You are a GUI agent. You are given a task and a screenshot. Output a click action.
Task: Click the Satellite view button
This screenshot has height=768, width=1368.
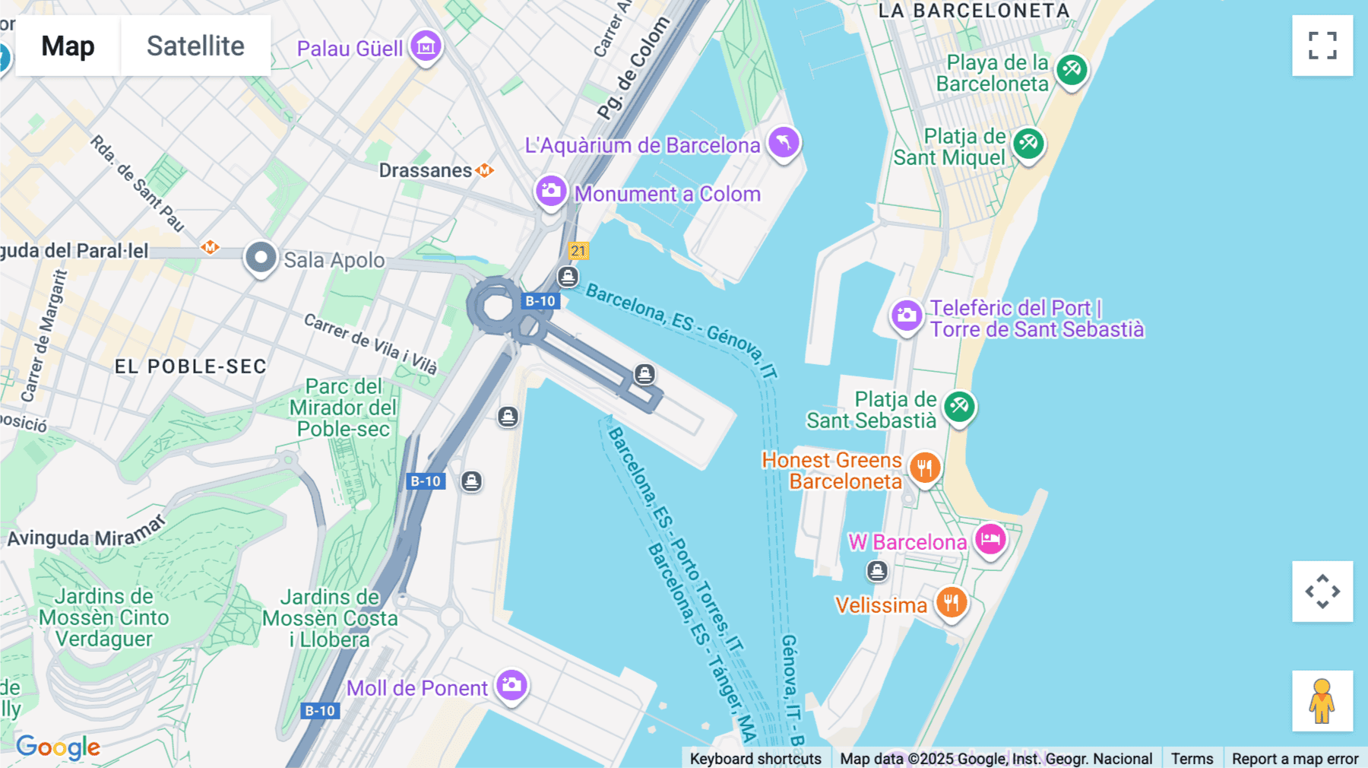[x=195, y=46]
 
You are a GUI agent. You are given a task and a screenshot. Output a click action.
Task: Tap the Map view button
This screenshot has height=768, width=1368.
[x=68, y=46]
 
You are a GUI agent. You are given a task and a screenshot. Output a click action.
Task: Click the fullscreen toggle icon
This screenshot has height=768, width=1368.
[x=1322, y=46]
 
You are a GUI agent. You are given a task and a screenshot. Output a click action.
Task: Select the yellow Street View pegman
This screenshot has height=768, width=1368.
[x=1322, y=701]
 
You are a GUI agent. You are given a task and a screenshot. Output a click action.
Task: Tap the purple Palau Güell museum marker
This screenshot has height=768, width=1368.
[x=426, y=46]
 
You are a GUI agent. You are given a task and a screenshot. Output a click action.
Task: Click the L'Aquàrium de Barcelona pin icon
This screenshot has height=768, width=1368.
[x=784, y=142]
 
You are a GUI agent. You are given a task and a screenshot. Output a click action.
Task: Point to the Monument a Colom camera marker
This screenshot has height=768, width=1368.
[x=551, y=191]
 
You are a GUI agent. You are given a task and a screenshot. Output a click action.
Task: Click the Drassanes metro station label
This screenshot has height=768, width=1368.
[x=426, y=170]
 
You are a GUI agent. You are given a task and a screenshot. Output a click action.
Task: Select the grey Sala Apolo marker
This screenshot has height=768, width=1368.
[x=261, y=258]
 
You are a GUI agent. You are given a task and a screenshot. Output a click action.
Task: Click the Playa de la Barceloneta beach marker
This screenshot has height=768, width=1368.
[x=1072, y=70]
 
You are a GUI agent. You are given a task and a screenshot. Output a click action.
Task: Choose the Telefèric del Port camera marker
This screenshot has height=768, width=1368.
[x=907, y=316]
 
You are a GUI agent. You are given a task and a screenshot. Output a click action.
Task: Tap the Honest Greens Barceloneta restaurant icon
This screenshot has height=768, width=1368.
[x=925, y=468]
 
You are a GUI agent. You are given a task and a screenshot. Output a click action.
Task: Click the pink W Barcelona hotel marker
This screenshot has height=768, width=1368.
[x=990, y=540]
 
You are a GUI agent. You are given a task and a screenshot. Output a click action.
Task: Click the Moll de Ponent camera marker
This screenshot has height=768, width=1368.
[x=512, y=685]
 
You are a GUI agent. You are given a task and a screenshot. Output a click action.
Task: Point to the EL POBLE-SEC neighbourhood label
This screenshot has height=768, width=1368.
[x=191, y=367]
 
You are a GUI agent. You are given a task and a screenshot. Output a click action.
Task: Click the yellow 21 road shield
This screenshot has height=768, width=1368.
[x=578, y=251]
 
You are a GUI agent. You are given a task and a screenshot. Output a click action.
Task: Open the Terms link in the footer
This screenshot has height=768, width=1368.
[x=1192, y=758]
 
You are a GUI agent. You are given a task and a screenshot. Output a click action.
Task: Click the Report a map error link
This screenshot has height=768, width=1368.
[x=1294, y=758]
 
